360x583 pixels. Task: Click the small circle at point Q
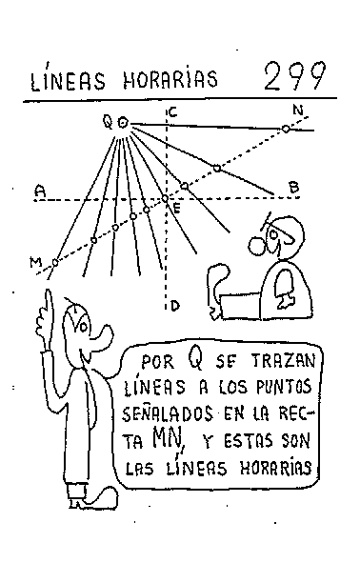[x=121, y=122]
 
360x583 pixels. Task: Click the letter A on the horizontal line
[x=39, y=190]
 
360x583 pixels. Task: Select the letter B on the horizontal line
[x=293, y=188]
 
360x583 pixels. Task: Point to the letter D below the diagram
[x=175, y=306]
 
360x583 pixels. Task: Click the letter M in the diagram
[x=35, y=262]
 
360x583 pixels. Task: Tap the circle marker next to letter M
[x=55, y=260]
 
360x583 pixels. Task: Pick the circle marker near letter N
[x=285, y=129]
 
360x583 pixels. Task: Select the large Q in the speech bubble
[x=193, y=359]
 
